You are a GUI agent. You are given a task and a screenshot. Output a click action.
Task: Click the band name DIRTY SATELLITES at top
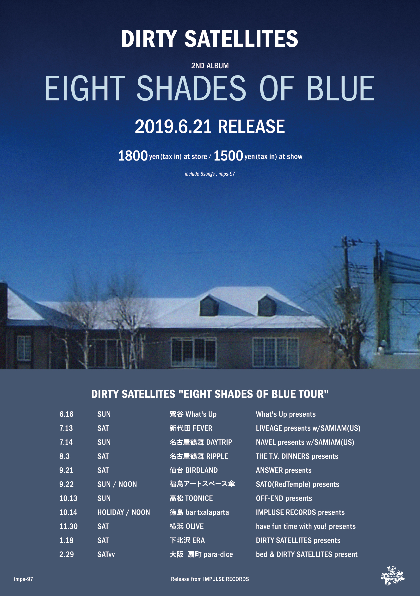(210, 39)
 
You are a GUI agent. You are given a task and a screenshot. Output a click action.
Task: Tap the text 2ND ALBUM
(210, 66)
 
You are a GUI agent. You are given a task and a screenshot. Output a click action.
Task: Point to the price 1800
(133, 156)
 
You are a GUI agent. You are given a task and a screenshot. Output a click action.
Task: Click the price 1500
(228, 156)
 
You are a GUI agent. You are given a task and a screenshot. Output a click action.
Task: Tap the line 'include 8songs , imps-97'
(210, 174)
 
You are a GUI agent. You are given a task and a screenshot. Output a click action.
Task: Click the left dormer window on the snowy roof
(209, 305)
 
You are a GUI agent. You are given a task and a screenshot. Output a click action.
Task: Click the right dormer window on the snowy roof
(267, 306)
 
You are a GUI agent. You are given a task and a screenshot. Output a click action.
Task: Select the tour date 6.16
(67, 414)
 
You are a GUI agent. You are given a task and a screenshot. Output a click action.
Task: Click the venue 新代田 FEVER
(191, 428)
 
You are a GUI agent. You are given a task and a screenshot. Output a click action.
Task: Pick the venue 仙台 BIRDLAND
(194, 470)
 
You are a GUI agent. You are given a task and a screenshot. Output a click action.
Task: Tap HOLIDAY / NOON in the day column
(124, 512)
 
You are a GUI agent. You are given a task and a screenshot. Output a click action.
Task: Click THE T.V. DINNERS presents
(297, 456)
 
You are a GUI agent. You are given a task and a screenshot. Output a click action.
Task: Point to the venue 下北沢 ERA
(187, 540)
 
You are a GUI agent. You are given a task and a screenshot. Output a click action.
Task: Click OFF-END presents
(284, 498)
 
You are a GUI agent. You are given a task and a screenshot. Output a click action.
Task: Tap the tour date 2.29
(67, 554)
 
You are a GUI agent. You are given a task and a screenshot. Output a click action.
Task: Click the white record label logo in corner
(393, 576)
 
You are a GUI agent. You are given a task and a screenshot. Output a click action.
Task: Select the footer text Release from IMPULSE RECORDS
(210, 579)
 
